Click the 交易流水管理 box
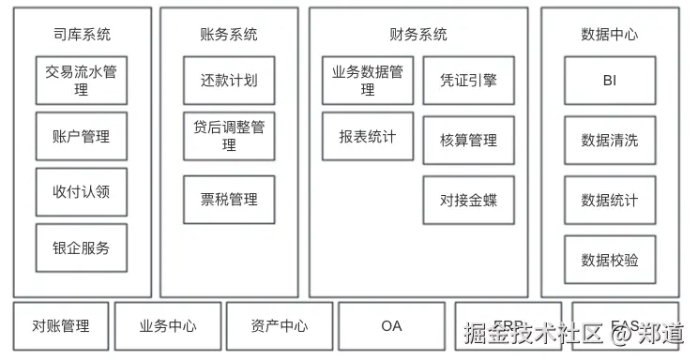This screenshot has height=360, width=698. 82,81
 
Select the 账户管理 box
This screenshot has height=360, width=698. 82,137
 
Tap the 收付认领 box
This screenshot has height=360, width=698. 82,192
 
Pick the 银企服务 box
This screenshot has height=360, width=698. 82,248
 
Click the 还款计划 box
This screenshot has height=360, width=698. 229,81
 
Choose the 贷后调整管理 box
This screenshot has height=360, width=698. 229,136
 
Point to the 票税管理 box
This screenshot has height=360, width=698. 229,199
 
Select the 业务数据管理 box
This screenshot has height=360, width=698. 368,81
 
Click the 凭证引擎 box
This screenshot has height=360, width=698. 468,81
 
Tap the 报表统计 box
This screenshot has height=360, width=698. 368,137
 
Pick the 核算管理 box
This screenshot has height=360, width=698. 468,141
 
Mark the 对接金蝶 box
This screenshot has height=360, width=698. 468,200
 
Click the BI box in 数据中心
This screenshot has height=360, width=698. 610,81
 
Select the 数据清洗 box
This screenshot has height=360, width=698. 610,141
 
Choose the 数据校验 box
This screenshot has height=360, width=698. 610,260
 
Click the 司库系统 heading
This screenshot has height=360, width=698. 82,35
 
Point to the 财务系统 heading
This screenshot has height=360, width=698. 418,35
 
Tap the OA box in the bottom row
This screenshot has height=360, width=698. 391,326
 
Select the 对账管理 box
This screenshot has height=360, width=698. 61,326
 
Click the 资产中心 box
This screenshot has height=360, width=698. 280,326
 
